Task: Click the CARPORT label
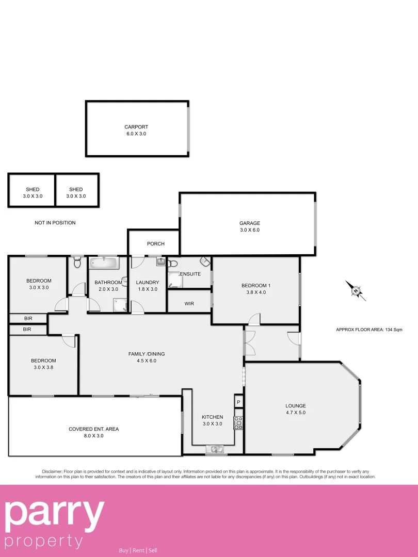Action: (136, 127)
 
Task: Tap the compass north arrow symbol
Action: (356, 291)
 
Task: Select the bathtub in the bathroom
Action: (105, 264)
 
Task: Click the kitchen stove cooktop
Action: (238, 422)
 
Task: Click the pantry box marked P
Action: (238, 401)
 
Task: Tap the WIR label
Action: (189, 304)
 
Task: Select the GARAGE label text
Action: (249, 223)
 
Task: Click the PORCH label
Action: (155, 243)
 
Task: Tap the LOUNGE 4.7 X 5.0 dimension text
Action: (295, 413)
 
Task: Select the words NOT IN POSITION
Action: (55, 223)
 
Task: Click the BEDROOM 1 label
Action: (255, 286)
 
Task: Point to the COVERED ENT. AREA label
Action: (93, 429)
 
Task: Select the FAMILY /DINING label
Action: (146, 354)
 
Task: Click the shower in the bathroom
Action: (120, 307)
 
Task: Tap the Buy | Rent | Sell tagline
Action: (138, 550)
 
